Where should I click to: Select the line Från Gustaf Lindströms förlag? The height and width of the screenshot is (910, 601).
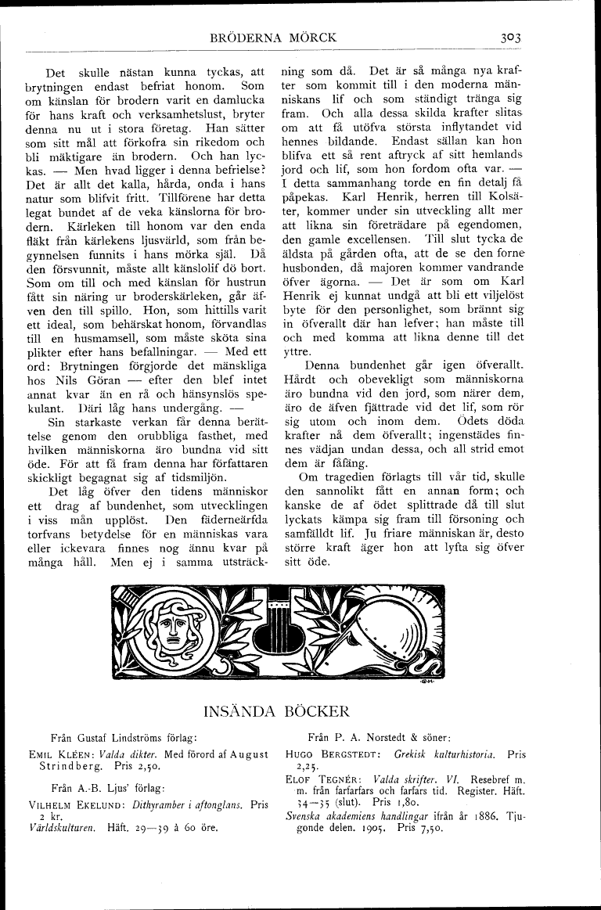click(x=122, y=737)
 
